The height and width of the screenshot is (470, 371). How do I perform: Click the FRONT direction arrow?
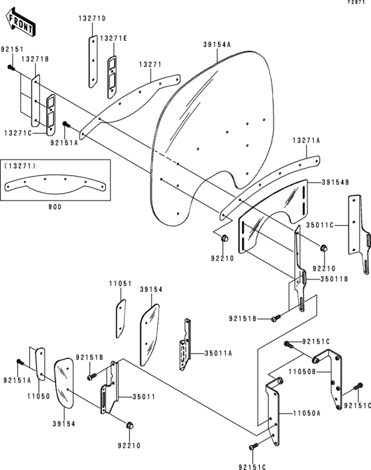tap(21, 25)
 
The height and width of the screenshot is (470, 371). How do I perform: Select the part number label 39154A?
tap(217, 46)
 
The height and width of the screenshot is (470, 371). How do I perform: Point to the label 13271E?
tap(113, 38)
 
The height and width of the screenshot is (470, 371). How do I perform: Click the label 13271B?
tap(34, 59)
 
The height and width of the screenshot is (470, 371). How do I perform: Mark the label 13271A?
tap(307, 140)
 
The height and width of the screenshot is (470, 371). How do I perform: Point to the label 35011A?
tap(218, 353)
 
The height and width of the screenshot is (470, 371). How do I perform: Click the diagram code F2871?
tap(358, 4)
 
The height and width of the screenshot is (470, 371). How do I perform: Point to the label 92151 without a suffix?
tap(11, 50)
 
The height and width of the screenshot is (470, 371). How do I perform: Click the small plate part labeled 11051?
tap(120, 317)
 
